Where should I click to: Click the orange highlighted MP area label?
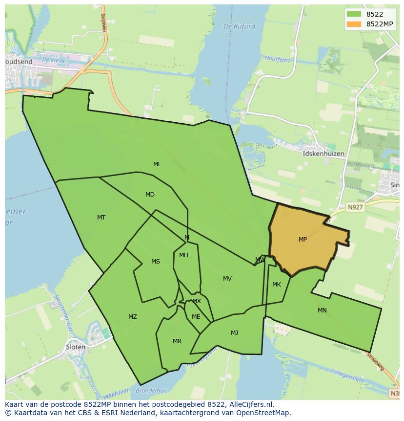303,240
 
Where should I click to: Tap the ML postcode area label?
157,164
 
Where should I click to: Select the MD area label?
150,195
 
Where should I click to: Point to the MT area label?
101,218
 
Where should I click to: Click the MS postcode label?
155,262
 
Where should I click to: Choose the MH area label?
183,255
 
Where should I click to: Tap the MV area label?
227,279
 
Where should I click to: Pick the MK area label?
277,285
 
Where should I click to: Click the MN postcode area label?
322,310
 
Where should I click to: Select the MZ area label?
133,317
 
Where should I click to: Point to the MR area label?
177,341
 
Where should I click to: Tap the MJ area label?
234,333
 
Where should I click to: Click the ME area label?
196,317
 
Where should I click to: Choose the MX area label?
196,301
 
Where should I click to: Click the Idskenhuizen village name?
323,154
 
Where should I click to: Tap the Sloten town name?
75,347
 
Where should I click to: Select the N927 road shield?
355,207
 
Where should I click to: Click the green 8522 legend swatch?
354,14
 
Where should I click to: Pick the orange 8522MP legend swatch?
354,24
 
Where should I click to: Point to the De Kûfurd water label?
239,26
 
